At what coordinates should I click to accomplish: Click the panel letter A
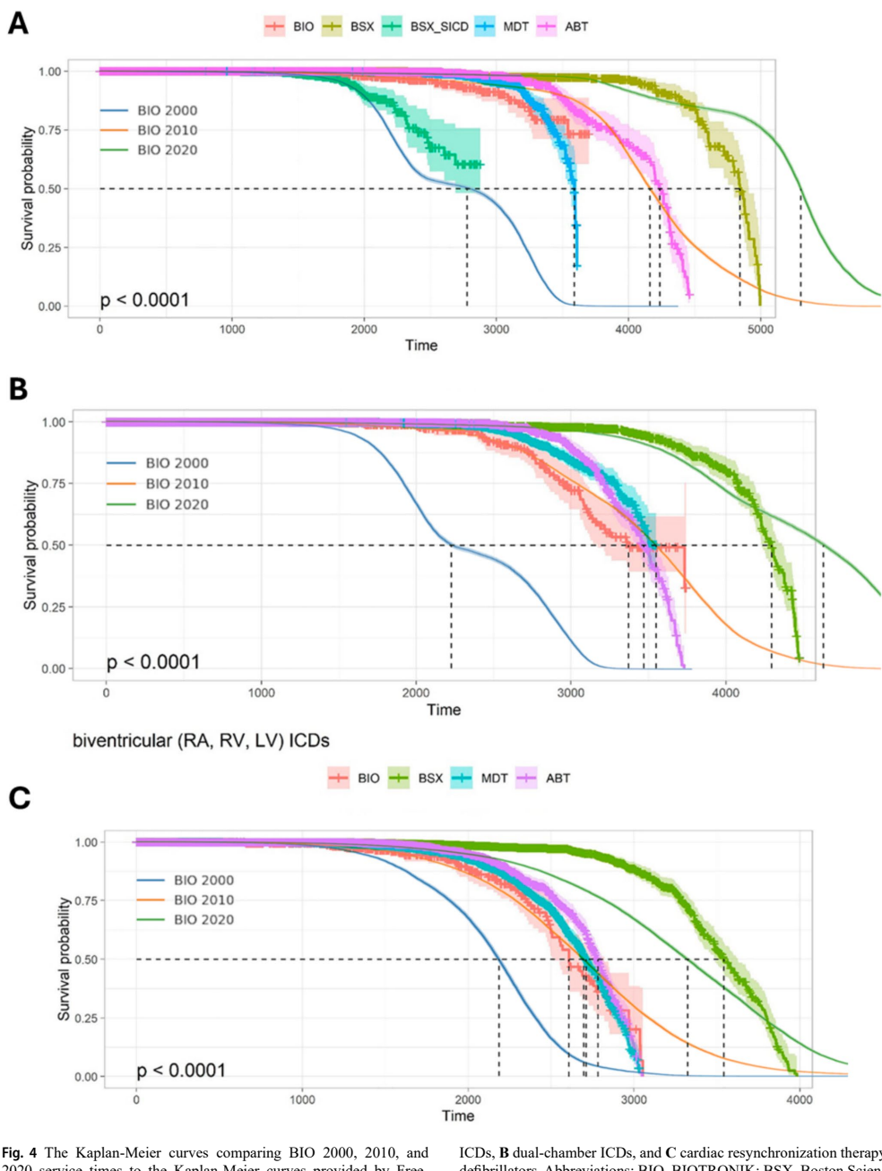point(18,22)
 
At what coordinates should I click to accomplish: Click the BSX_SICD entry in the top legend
point(439,27)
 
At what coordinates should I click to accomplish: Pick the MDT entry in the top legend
point(515,27)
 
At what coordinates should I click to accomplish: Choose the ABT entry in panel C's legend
point(558,778)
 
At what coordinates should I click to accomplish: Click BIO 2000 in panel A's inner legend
point(167,110)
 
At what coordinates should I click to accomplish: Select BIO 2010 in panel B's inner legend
point(177,484)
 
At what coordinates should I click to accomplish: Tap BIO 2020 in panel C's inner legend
point(203,919)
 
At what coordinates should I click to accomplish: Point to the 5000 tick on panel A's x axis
point(760,329)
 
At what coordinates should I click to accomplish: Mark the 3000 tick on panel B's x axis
point(570,692)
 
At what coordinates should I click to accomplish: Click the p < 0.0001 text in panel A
point(144,299)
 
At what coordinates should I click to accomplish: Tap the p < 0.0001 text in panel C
point(181,1070)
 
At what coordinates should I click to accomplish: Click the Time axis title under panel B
point(444,710)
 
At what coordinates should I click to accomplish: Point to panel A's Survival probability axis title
point(27,188)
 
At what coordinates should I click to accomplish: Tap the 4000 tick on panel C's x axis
point(800,1099)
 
